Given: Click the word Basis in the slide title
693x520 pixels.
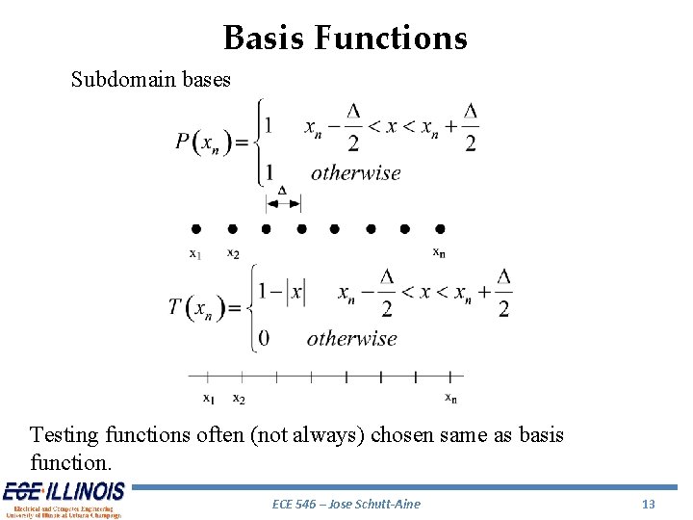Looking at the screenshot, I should coord(263,38).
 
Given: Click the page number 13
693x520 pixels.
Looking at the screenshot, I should coord(648,504).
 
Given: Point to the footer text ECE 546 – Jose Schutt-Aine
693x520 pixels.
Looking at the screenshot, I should coord(346,504).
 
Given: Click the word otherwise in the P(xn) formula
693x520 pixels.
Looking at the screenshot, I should coord(355,173).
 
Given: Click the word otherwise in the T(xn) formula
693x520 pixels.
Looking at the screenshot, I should coord(351,338).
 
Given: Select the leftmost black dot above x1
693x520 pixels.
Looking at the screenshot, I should coord(195,229).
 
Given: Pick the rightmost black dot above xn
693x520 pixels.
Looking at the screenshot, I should coord(440,229).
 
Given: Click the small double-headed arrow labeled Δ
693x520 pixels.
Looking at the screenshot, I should coord(283,201).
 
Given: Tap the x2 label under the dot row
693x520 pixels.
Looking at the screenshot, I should coord(233,253).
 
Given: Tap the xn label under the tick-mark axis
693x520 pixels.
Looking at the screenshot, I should coord(450,397).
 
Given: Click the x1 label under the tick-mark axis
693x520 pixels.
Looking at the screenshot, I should coord(208,398).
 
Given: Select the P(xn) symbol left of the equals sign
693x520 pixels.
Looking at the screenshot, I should coord(203,143).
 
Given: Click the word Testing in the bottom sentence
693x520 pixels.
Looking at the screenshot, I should coord(64,435).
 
